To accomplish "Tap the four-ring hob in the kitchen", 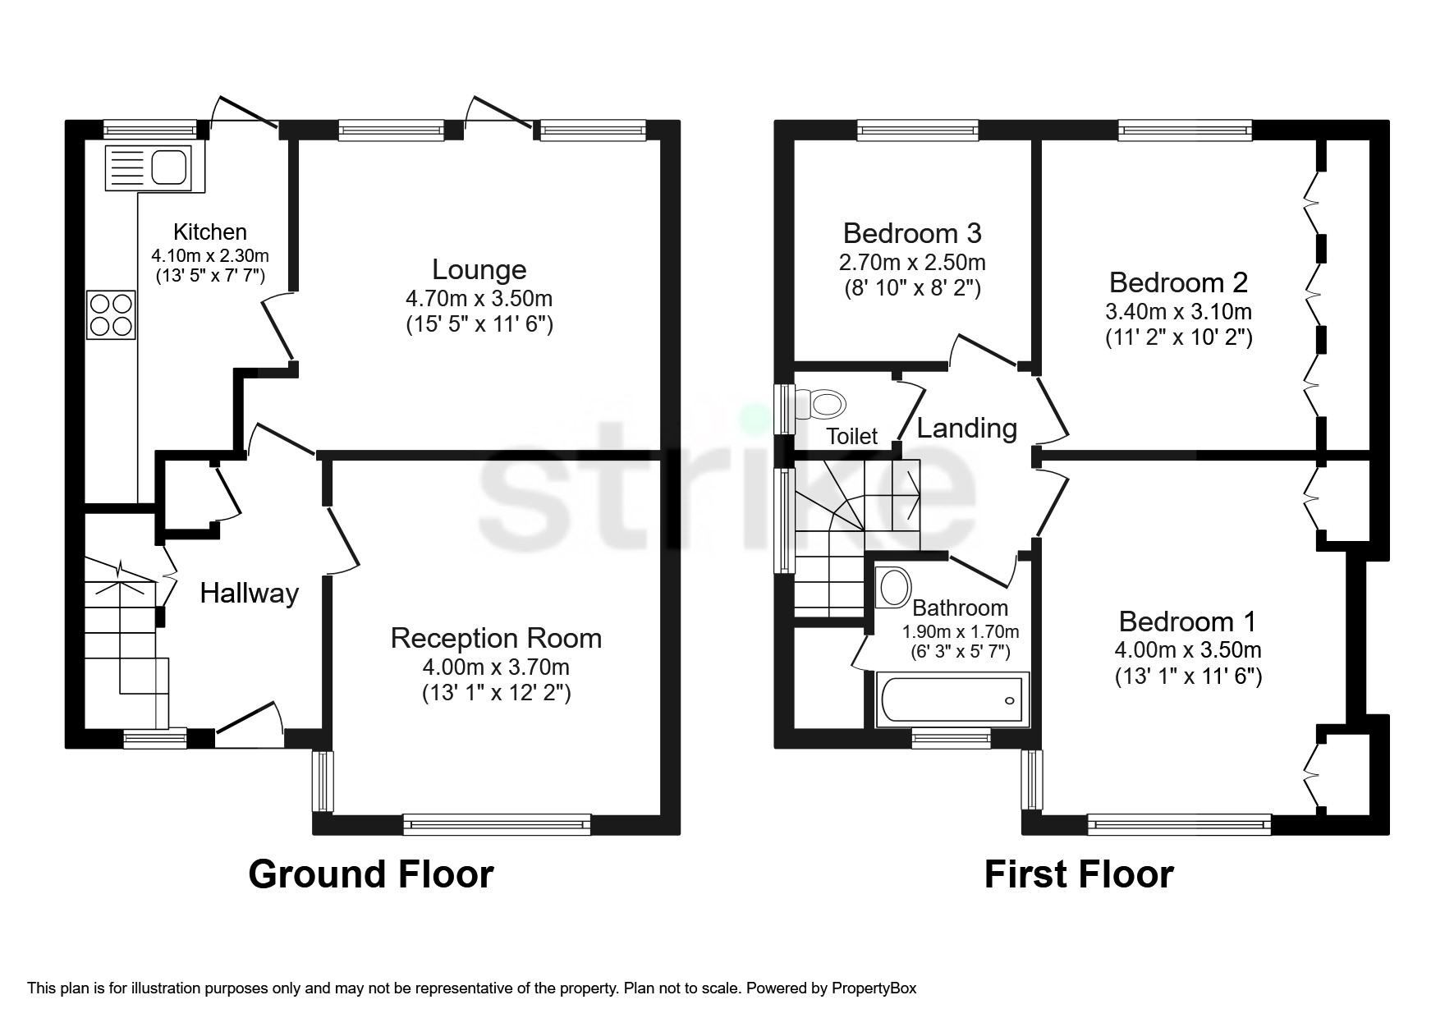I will click(x=111, y=315).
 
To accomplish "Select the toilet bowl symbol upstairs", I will click(x=826, y=404).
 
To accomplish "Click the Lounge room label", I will click(x=479, y=269).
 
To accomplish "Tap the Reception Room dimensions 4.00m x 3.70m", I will click(x=496, y=667).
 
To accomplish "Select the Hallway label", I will click(x=250, y=593).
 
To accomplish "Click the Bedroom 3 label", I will click(x=912, y=233).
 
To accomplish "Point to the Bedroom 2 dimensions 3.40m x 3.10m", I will click(x=1178, y=311).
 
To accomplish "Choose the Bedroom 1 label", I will click(x=1186, y=621).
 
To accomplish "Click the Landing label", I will click(x=966, y=428).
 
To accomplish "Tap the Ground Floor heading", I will click(x=371, y=874).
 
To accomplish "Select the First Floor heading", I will click(x=1079, y=874).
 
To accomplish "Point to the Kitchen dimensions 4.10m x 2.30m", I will click(x=210, y=255).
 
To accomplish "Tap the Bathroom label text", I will click(x=960, y=608).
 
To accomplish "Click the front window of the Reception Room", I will click(x=497, y=824).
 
